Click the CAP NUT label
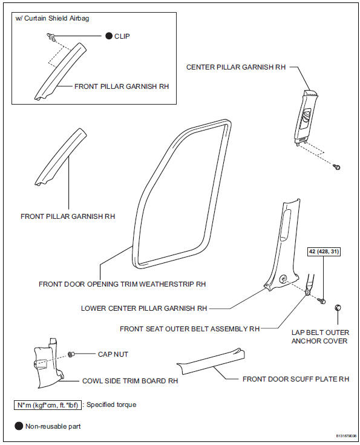(x=113, y=354)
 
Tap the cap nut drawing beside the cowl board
(x=72, y=354)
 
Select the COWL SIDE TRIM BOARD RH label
(x=130, y=382)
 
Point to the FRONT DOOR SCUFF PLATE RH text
(x=296, y=379)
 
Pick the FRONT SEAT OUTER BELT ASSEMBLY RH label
(x=189, y=329)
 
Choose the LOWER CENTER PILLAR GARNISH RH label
(x=144, y=308)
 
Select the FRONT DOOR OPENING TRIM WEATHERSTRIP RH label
(x=122, y=283)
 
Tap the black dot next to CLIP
(x=110, y=36)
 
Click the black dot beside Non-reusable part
(x=18, y=426)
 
